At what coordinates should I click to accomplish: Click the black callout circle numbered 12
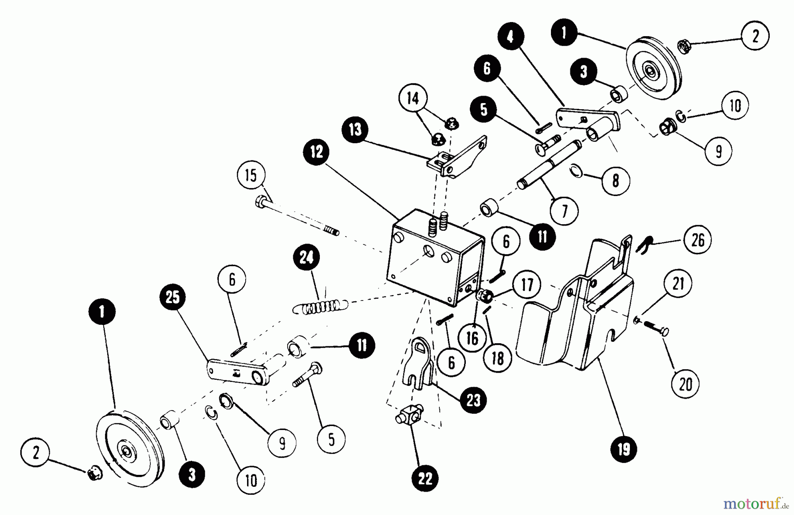pyautogui.click(x=316, y=152)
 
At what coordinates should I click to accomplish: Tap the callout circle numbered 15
pyautogui.click(x=251, y=175)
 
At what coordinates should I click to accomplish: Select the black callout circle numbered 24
pyautogui.click(x=307, y=257)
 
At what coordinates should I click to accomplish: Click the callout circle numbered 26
pyautogui.click(x=698, y=240)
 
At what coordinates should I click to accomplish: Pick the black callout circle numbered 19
pyautogui.click(x=624, y=449)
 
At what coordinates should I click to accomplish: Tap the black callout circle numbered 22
pyautogui.click(x=425, y=478)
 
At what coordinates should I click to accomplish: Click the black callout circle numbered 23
pyautogui.click(x=473, y=400)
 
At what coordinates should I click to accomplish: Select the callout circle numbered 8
pyautogui.click(x=615, y=180)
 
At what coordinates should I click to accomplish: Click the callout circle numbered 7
pyautogui.click(x=564, y=211)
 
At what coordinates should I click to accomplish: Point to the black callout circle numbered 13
pyautogui.click(x=355, y=130)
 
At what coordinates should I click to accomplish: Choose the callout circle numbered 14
pyautogui.click(x=413, y=98)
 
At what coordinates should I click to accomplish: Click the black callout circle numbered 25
pyautogui.click(x=173, y=297)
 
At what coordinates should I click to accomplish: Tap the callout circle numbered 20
pyautogui.click(x=685, y=385)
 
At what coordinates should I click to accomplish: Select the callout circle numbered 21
pyautogui.click(x=678, y=283)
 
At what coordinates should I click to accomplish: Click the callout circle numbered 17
pyautogui.click(x=527, y=285)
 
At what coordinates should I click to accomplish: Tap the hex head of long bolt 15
pyautogui.click(x=260, y=203)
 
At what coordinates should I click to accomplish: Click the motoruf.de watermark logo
pyautogui.click(x=755, y=502)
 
